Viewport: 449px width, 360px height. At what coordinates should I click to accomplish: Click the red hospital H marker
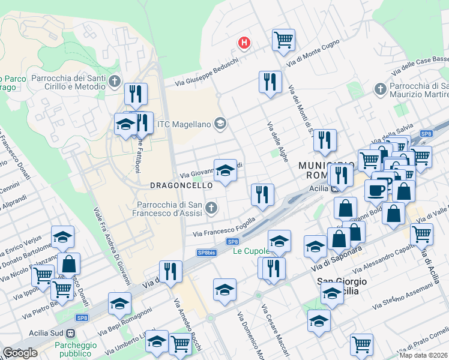click(x=244, y=43)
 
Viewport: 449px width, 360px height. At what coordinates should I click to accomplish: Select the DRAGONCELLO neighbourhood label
click(x=181, y=186)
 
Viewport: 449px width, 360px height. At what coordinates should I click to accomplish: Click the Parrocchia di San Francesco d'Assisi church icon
click(x=210, y=208)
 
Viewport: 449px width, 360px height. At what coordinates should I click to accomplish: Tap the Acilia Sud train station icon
click(x=71, y=334)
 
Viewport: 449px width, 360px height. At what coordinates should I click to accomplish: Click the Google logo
click(x=20, y=353)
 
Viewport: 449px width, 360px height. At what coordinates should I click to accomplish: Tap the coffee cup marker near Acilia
click(x=376, y=190)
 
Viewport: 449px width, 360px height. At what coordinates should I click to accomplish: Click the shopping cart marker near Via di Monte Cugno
click(x=283, y=40)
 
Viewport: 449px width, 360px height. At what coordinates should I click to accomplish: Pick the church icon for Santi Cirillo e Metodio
click(x=115, y=81)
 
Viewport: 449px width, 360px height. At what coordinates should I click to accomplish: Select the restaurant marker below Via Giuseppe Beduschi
click(x=270, y=82)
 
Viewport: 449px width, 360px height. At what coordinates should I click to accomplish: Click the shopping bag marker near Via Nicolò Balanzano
click(x=68, y=264)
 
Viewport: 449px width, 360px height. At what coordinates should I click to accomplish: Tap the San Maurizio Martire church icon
click(x=379, y=90)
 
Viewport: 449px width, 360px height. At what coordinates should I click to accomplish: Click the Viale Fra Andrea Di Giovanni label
click(x=112, y=246)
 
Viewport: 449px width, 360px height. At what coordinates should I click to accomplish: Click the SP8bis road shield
click(x=206, y=253)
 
